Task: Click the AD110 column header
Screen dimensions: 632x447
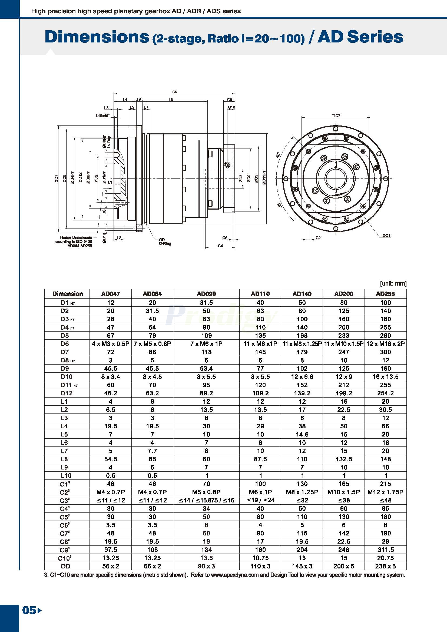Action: (x=260, y=294)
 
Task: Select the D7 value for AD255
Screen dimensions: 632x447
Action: (x=385, y=352)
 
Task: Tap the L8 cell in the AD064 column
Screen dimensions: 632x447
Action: (x=152, y=459)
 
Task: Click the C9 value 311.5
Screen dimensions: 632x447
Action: (x=385, y=550)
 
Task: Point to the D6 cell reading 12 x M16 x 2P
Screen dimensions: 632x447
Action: (x=385, y=343)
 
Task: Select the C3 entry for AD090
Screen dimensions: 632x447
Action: (x=206, y=500)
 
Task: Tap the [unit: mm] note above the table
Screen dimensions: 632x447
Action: (x=393, y=283)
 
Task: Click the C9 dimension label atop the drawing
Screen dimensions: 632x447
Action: (x=174, y=92)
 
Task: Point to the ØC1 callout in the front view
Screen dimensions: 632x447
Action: (x=386, y=235)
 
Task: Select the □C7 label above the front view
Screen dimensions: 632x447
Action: (x=336, y=116)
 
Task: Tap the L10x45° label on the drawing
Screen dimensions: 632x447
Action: (x=102, y=116)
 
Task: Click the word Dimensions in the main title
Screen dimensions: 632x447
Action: (x=97, y=37)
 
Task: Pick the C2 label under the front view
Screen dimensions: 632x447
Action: (x=318, y=238)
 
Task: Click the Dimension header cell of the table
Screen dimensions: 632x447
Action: (x=67, y=294)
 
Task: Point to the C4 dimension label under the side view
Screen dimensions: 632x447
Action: (x=220, y=246)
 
